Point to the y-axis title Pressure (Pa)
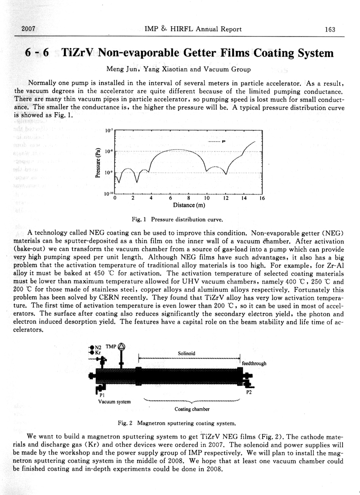coord(97,162)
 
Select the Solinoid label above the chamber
coord(186,353)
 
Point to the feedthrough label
coord(254,363)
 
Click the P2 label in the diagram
coord(249,392)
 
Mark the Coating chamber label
coord(192,409)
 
